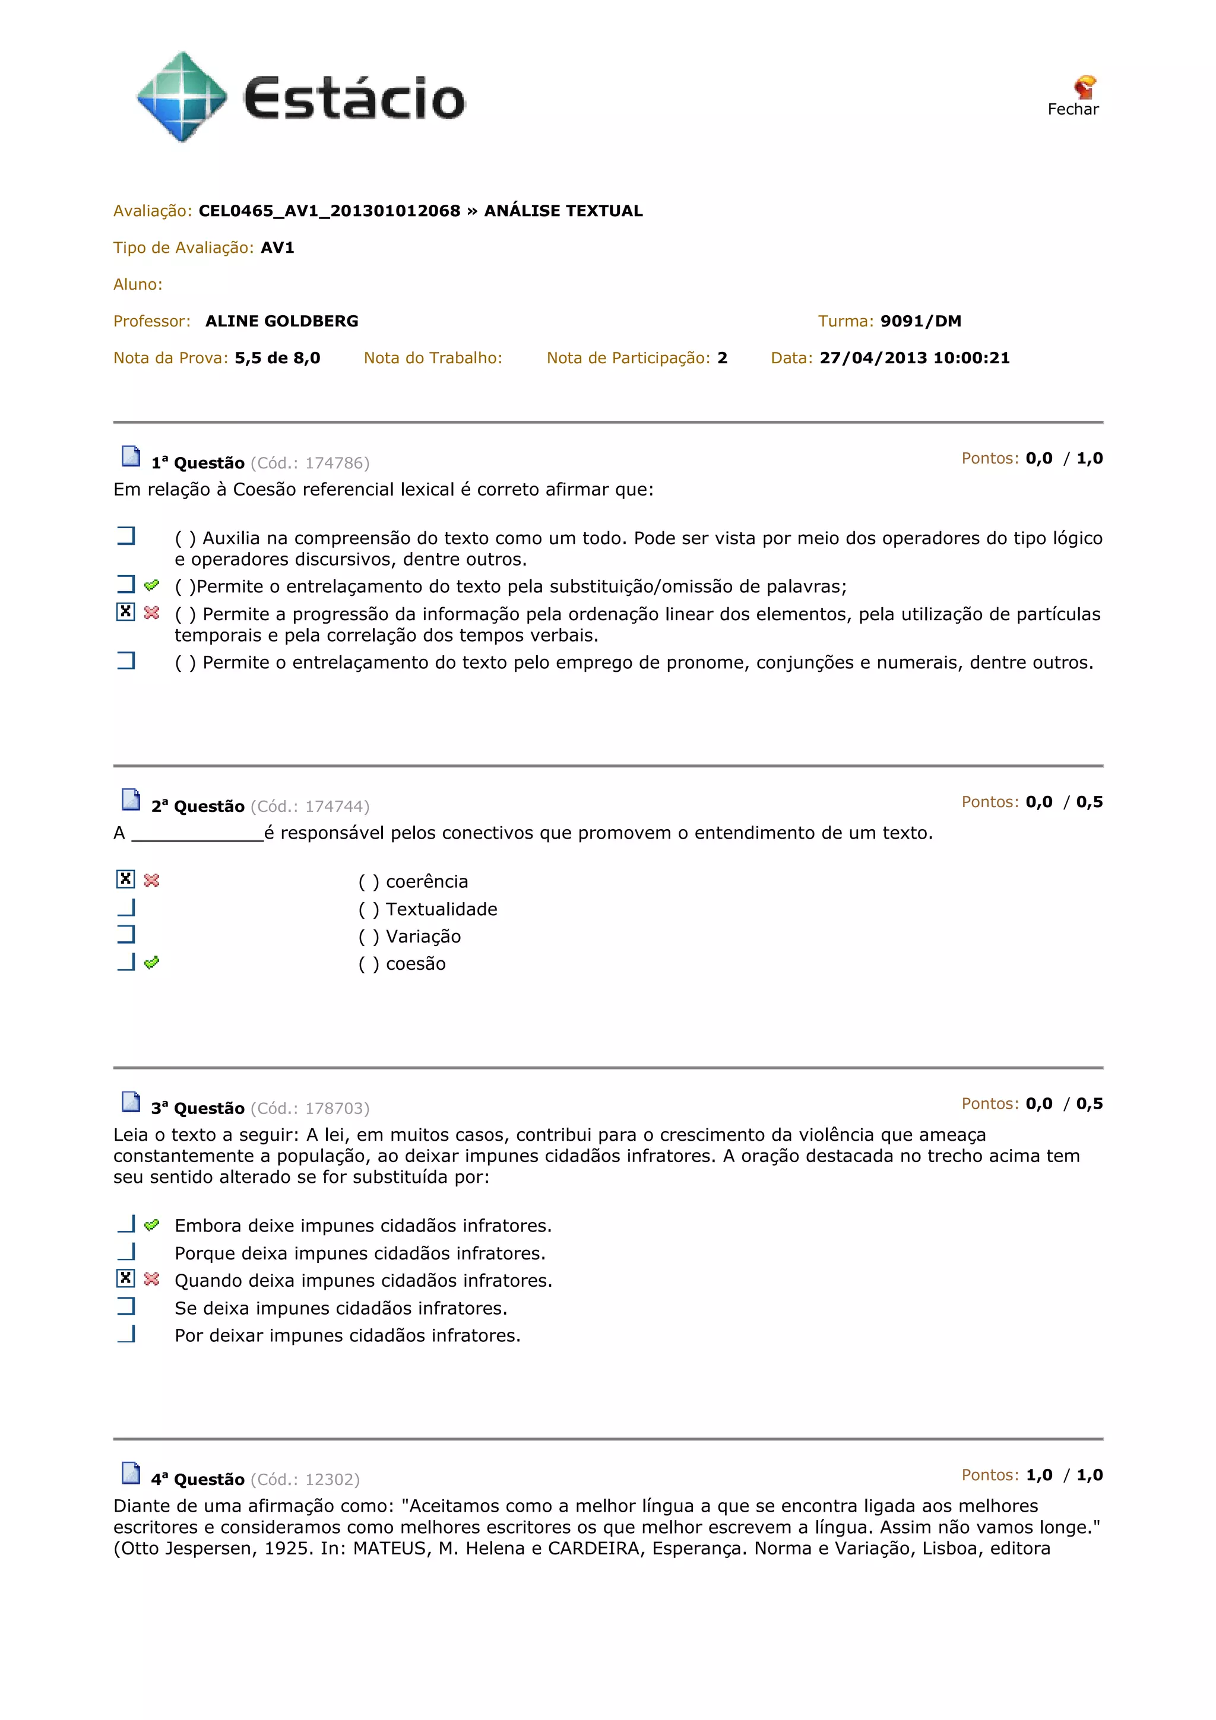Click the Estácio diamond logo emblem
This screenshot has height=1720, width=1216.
coord(181,97)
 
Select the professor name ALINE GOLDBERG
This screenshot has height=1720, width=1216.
coord(281,321)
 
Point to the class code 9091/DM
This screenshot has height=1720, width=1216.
coord(920,321)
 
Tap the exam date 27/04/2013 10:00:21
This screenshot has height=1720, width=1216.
coord(914,358)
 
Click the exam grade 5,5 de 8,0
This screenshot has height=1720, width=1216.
coord(277,358)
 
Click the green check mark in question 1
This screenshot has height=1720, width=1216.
coord(151,585)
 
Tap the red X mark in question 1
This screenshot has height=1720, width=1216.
coord(151,613)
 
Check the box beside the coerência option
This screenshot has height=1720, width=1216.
coord(126,880)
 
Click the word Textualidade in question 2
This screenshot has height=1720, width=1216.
coord(441,909)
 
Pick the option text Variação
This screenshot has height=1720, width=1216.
coord(423,937)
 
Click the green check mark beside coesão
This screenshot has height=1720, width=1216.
coord(151,963)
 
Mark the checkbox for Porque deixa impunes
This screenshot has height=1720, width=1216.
coord(126,1252)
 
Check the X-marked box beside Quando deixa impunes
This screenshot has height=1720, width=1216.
coord(126,1279)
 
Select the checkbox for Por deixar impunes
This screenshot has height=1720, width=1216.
coord(126,1334)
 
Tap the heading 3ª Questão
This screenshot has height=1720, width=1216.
coord(198,1109)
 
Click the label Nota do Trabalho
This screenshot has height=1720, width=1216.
coord(432,358)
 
